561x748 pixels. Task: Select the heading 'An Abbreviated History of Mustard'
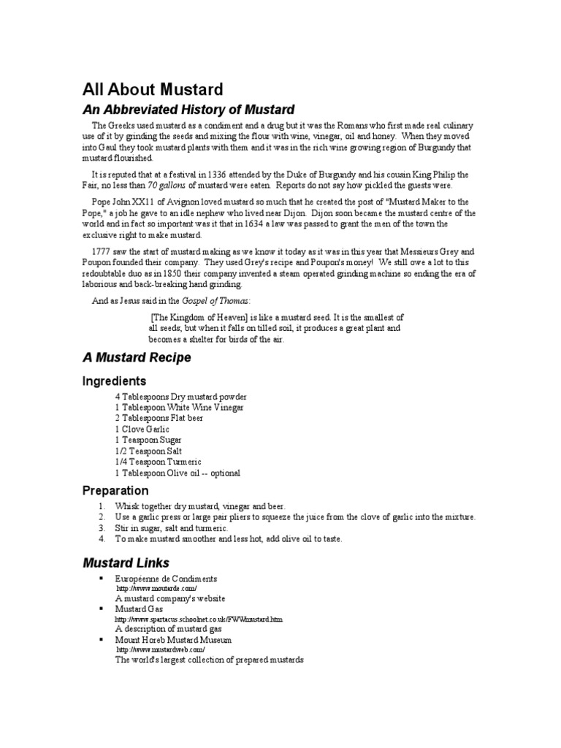[x=188, y=110]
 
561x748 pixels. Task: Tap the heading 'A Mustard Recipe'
[x=136, y=358]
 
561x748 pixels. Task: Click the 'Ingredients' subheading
[x=114, y=381]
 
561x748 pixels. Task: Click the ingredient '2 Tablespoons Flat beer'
[x=159, y=418]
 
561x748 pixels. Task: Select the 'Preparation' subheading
[x=115, y=491]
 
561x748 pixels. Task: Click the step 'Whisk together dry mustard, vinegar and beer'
[x=200, y=506]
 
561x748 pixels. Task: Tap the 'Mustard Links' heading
[x=126, y=562]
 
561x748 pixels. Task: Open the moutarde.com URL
[x=156, y=588]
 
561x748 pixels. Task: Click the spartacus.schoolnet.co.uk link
[x=199, y=619]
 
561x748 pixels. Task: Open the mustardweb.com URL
[x=161, y=649]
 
